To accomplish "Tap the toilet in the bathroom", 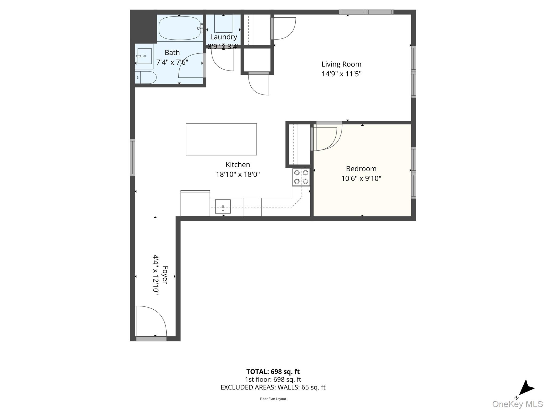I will point(146,77).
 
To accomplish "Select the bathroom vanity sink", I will point(144,56).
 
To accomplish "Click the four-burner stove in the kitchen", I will point(301,177).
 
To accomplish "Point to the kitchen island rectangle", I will point(221,139).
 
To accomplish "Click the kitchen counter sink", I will point(223,206).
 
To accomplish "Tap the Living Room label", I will point(341,64).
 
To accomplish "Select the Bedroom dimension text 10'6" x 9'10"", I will point(361,178).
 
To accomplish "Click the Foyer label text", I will point(165,275).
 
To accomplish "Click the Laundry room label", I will point(223,37).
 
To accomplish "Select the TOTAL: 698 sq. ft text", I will point(273,372).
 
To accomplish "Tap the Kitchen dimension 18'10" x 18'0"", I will point(238,174).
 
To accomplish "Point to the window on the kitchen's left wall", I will point(133,157).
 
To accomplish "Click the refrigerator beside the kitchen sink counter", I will point(195,203).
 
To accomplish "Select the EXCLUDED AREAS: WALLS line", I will point(273,387).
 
